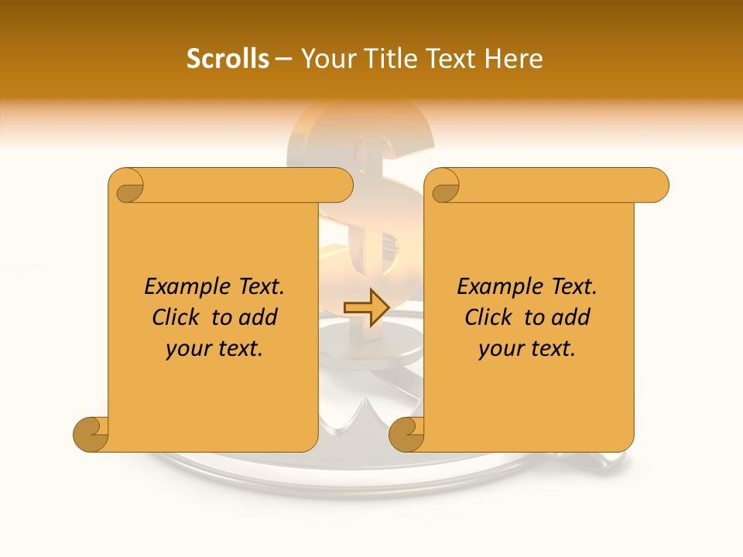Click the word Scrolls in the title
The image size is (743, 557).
(228, 59)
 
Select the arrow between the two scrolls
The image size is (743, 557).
(366, 308)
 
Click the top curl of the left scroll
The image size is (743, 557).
(126, 186)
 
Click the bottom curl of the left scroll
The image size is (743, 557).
(91, 434)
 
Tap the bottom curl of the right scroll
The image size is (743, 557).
(406, 434)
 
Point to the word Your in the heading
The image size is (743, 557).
(326, 59)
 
